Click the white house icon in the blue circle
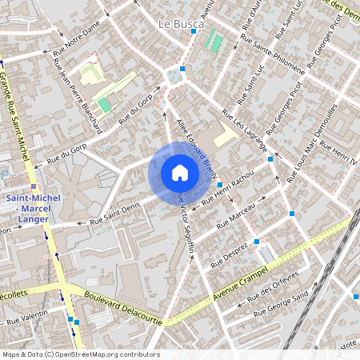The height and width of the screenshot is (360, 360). click(179, 173)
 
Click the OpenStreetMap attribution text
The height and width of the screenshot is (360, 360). click(80, 354)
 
